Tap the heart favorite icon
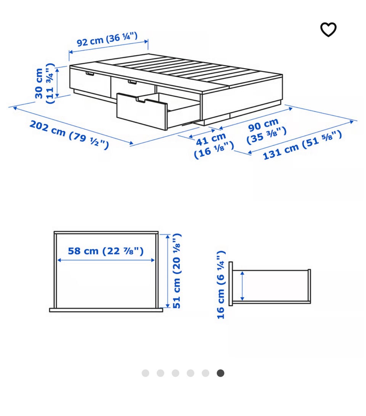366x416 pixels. pyautogui.click(x=328, y=29)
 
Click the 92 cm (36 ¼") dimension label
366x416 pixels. pyautogui.click(x=107, y=39)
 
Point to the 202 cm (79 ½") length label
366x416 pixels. pyautogui.click(x=69, y=135)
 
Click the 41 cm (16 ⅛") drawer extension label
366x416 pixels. pyautogui.click(x=213, y=146)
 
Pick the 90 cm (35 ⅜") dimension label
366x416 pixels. pyautogui.click(x=266, y=131)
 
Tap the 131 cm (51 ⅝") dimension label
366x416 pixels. pyautogui.click(x=302, y=145)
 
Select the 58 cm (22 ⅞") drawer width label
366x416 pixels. pyautogui.click(x=106, y=251)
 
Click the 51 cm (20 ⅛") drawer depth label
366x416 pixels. pyautogui.click(x=177, y=271)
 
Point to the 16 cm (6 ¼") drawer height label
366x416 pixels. pyautogui.click(x=221, y=285)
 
